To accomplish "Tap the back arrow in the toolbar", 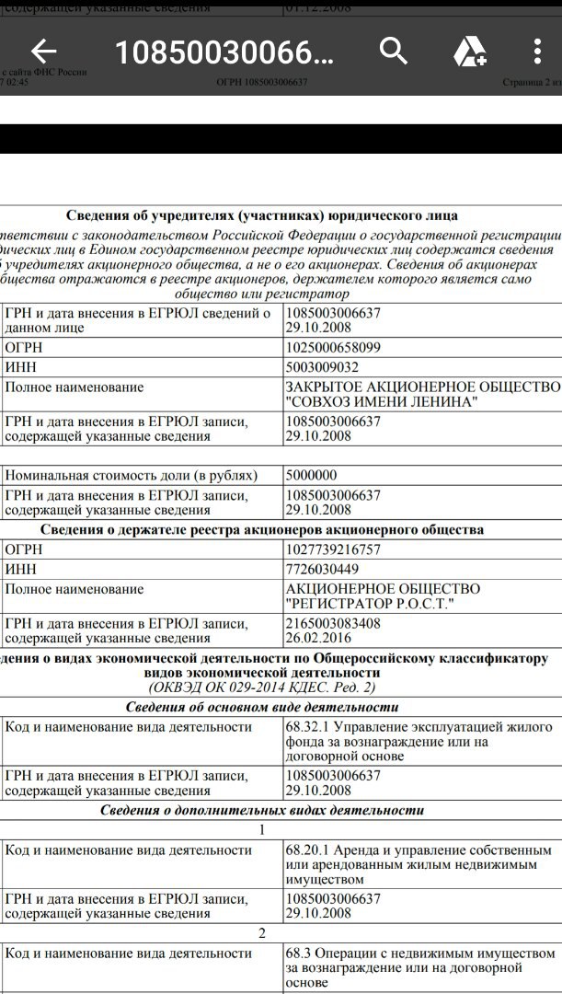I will tap(44, 52).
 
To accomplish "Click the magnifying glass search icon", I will tap(394, 52).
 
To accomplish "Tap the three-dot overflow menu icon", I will tap(538, 52).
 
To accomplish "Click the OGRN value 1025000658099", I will tap(333, 348).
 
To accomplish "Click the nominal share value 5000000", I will tap(313, 476).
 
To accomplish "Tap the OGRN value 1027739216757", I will tap(333, 549).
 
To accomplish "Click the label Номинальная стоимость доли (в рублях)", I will tap(131, 476).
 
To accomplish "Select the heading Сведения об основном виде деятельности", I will tap(262, 707).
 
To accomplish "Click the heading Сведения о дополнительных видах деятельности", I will tap(262, 810).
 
